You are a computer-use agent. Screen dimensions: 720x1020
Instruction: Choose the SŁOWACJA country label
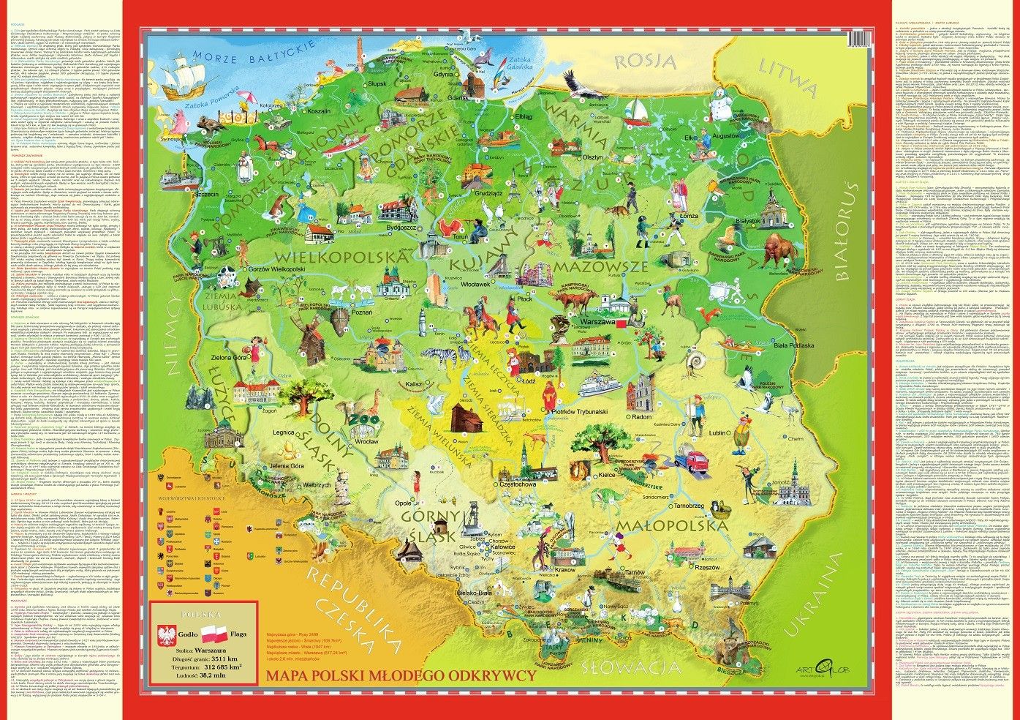(x=632, y=667)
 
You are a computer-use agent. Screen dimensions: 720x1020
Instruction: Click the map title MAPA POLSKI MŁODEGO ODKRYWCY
(x=401, y=675)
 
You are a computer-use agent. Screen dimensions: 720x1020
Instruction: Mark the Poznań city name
(x=362, y=312)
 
